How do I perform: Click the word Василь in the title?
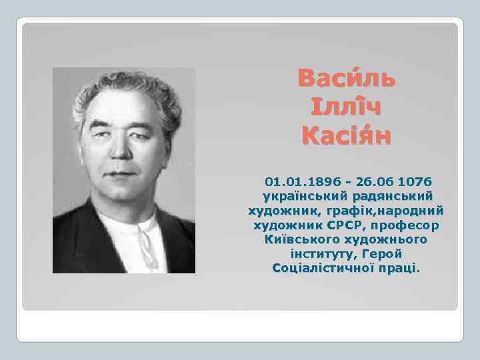pos(347,79)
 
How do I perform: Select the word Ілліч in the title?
pos(347,108)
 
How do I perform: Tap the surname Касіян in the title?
pos(347,137)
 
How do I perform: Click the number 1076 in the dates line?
pos(413,181)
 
